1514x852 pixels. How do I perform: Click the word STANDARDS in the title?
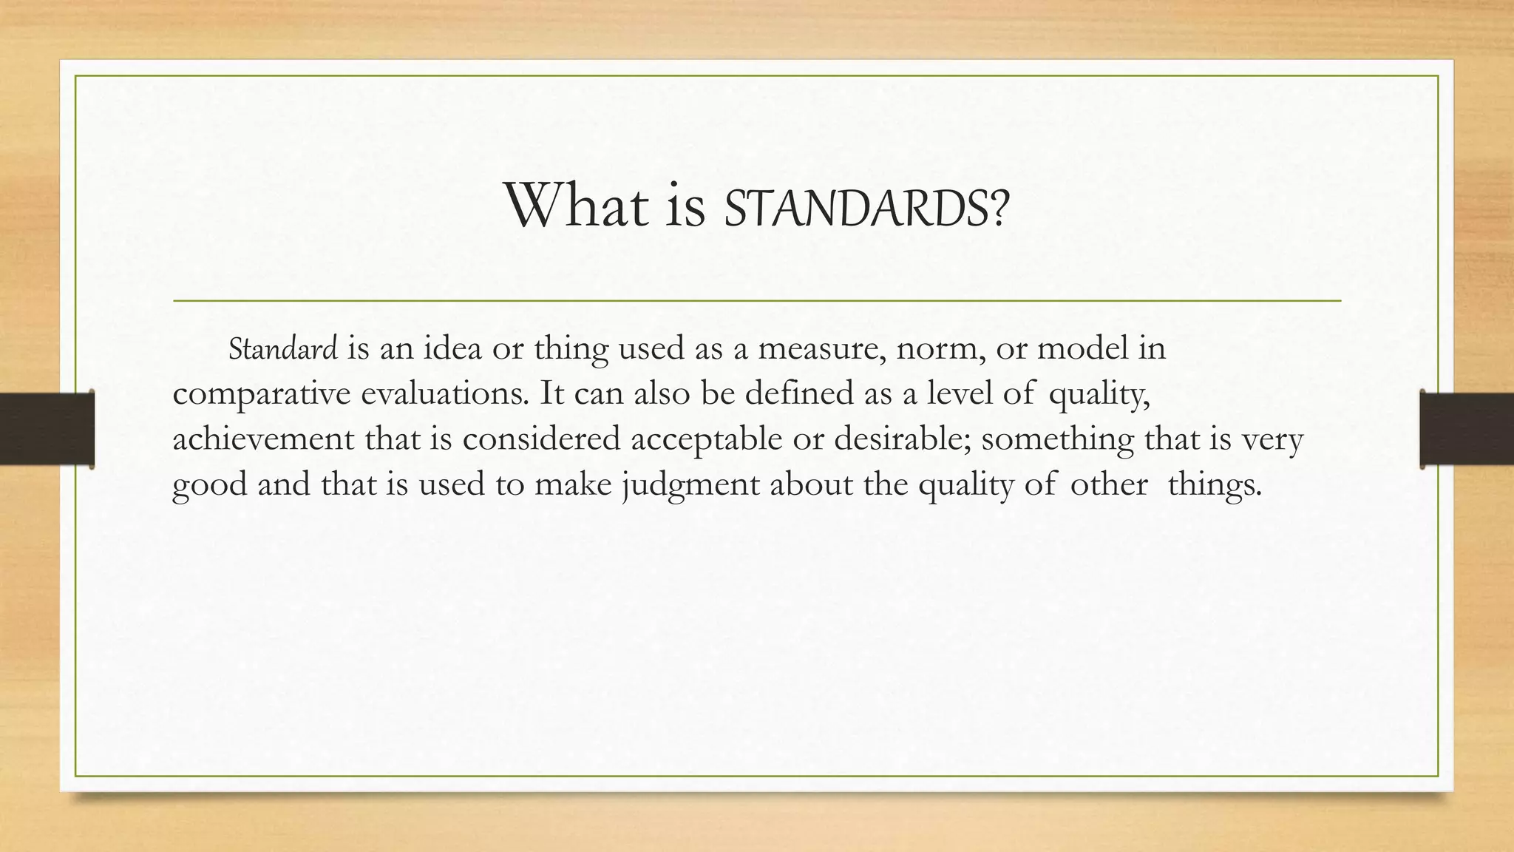click(855, 207)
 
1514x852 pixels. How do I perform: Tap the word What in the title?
click(577, 206)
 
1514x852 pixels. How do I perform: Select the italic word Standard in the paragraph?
click(283, 349)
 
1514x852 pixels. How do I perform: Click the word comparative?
click(261, 394)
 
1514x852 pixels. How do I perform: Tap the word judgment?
click(690, 486)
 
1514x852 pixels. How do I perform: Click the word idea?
click(452, 348)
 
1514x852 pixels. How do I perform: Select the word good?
click(209, 486)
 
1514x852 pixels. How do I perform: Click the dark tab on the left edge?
click(47, 429)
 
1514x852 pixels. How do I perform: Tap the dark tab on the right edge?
click(1467, 429)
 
